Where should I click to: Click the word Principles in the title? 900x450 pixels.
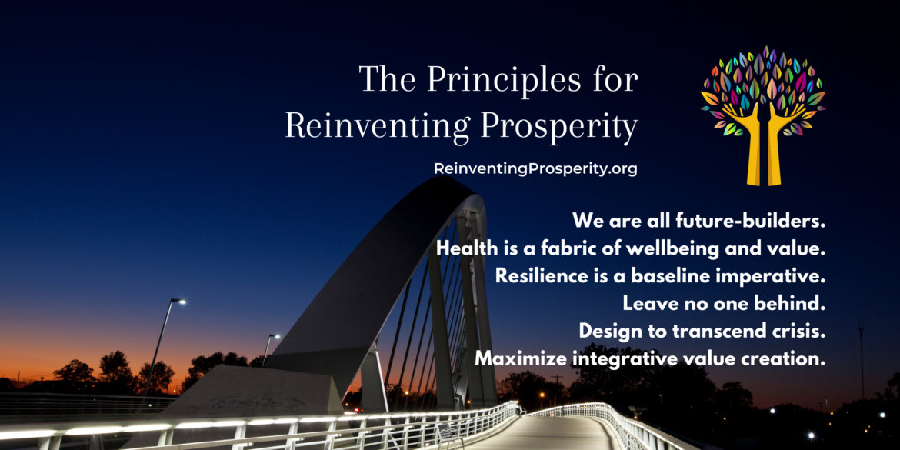506,81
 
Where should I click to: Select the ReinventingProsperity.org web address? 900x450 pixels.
535,169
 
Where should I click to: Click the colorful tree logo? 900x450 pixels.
763,115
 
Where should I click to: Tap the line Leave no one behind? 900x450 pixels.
725,304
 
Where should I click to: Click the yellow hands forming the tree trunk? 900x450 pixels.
762,144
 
